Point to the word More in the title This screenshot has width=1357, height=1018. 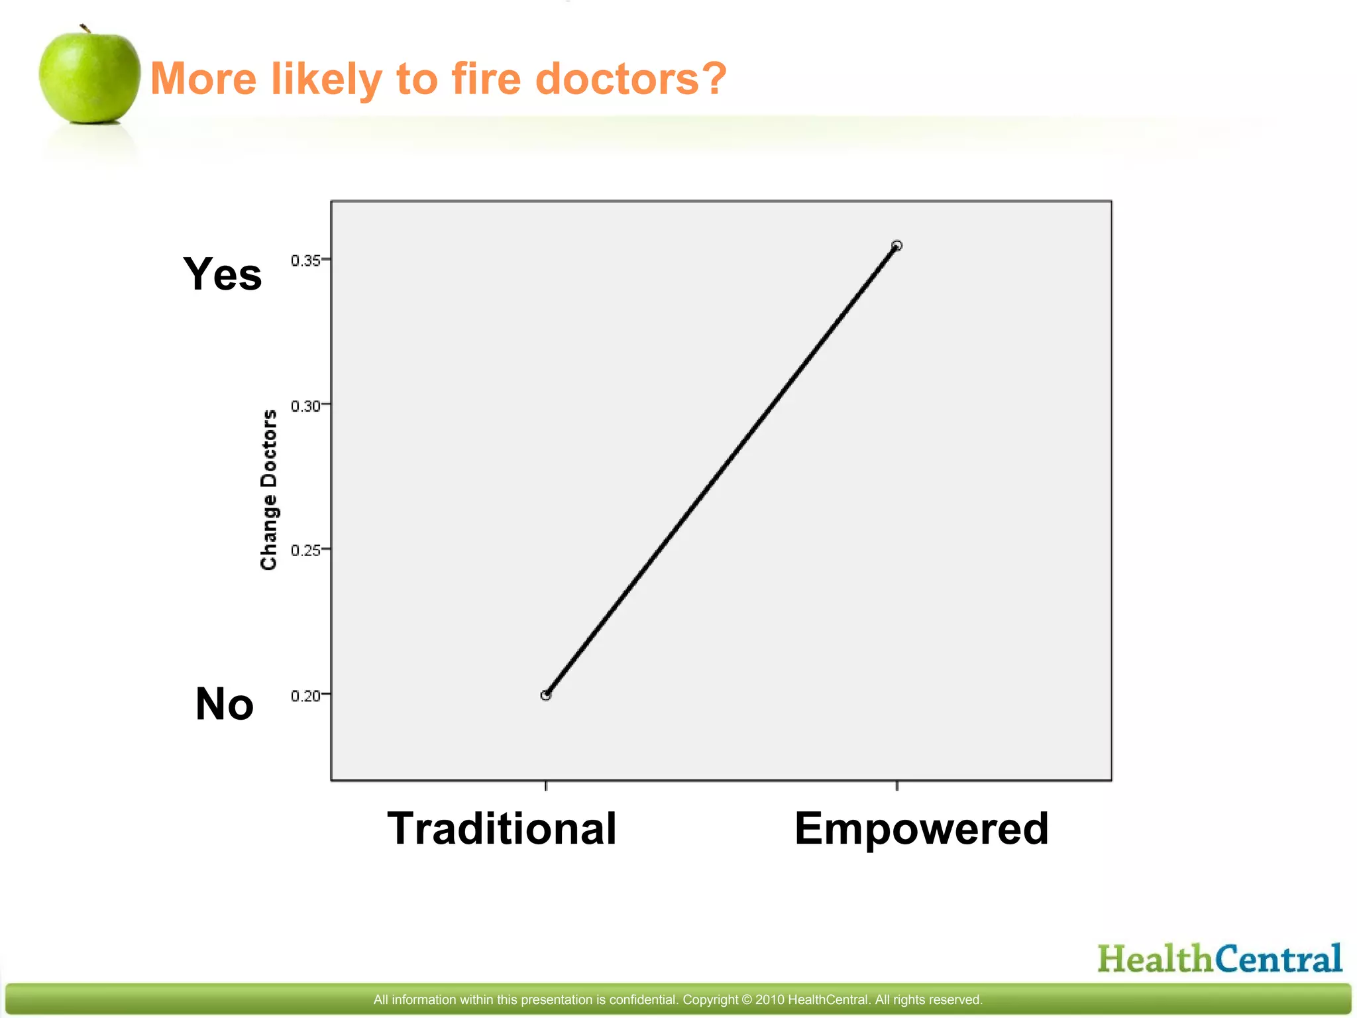(x=203, y=78)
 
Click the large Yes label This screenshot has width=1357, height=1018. (x=223, y=274)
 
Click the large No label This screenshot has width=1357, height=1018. (x=225, y=703)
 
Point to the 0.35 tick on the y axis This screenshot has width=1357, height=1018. (x=305, y=260)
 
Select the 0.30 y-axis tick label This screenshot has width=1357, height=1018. (x=305, y=406)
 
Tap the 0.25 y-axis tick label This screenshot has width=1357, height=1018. (x=305, y=550)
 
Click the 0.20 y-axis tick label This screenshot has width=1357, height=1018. (x=305, y=695)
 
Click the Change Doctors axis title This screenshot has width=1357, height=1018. (x=268, y=490)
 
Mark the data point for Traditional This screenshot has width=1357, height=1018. (x=546, y=695)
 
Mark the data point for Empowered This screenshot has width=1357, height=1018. (x=896, y=246)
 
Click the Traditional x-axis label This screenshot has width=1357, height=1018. (x=502, y=828)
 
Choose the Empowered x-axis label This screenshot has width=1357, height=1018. (x=921, y=828)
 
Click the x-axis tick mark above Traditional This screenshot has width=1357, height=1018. (x=546, y=785)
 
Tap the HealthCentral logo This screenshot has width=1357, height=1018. (x=1219, y=959)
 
